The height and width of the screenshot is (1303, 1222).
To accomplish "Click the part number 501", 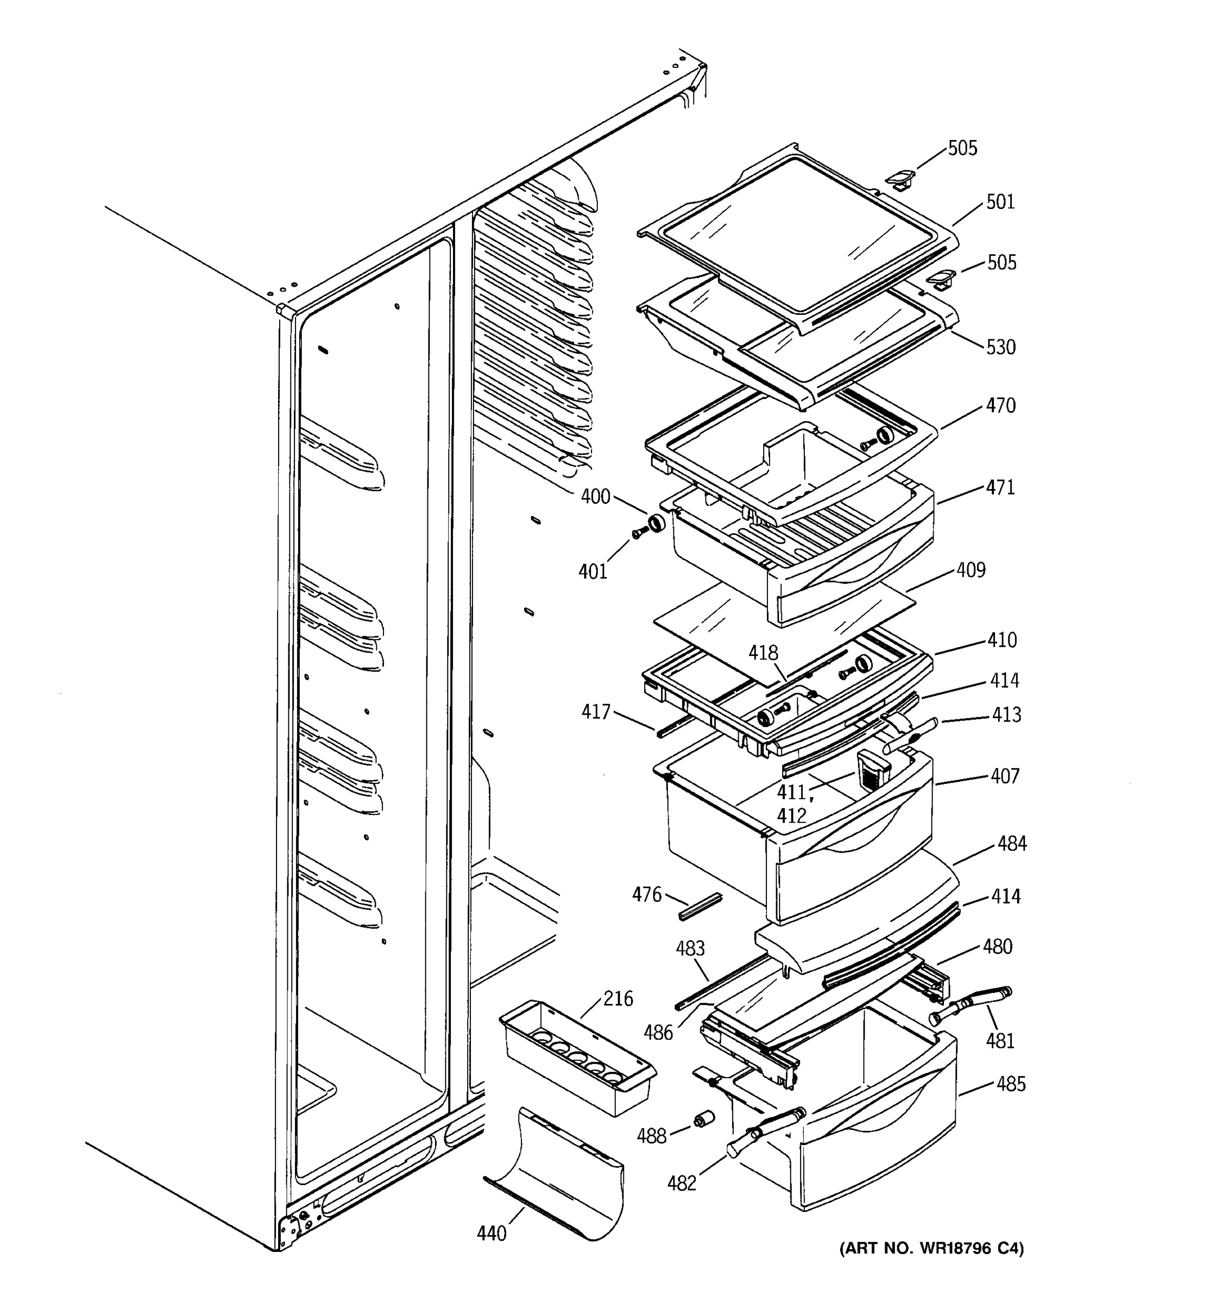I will [1000, 202].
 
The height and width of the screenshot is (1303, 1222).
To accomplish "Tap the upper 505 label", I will [962, 148].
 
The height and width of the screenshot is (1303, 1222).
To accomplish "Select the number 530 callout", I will [1000, 347].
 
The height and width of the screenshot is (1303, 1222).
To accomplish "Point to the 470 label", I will [1000, 406].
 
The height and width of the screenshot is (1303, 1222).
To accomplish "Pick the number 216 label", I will [618, 999].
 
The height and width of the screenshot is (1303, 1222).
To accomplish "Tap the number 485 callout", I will [1010, 1084].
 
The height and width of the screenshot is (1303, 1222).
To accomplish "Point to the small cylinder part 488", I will [704, 1120].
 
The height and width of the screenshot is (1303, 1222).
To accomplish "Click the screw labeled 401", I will [637, 534].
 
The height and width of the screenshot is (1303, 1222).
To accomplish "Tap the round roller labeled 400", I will [656, 524].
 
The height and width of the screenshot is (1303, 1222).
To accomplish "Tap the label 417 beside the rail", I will [595, 712].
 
